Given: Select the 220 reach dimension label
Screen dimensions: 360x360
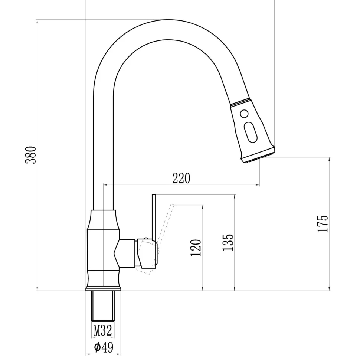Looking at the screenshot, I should [181, 179].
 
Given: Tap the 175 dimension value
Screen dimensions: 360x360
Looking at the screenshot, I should [323, 223].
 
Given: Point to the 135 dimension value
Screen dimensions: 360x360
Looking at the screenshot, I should [229, 242].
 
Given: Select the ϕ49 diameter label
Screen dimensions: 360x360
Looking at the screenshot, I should [103, 347].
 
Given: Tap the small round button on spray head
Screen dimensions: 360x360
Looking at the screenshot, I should [244, 114].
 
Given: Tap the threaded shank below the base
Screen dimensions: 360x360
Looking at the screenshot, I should [103, 306].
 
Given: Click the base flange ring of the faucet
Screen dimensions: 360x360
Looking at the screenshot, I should [103, 288].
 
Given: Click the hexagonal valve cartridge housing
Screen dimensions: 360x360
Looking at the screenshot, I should [125, 253].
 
